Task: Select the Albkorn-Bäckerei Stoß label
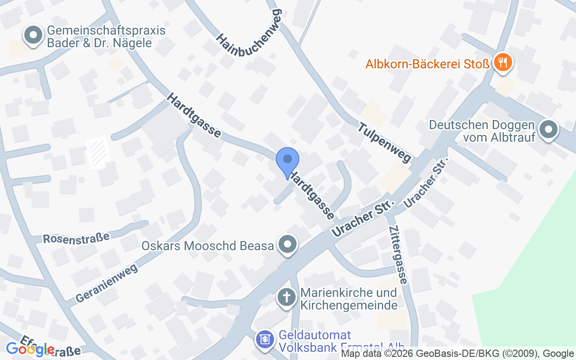[427, 64]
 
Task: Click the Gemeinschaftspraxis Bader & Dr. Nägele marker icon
[33, 36]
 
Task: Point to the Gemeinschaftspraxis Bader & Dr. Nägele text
[106, 37]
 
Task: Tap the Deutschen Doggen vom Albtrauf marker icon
[548, 130]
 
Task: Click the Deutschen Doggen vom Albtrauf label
[481, 130]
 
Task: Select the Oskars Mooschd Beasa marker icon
[287, 245]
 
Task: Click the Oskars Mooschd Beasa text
[207, 246]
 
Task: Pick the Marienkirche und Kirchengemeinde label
[349, 299]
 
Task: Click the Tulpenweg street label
[385, 142]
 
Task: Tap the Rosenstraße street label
[76, 237]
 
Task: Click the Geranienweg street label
[107, 283]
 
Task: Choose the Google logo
[30, 349]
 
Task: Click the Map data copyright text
[457, 354]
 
